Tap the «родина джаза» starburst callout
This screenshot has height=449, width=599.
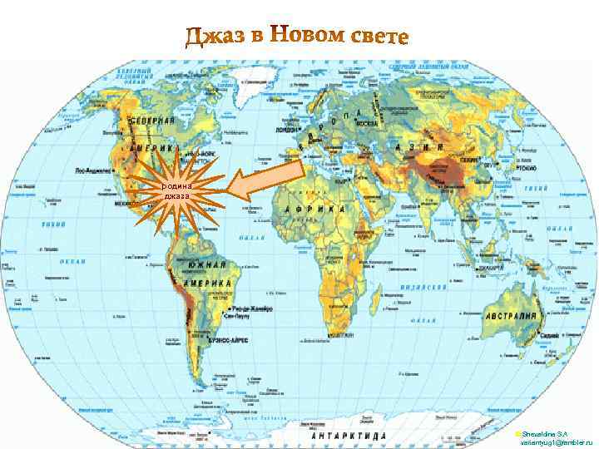coord(176,191)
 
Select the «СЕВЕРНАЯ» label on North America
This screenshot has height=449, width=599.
coord(151,121)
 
